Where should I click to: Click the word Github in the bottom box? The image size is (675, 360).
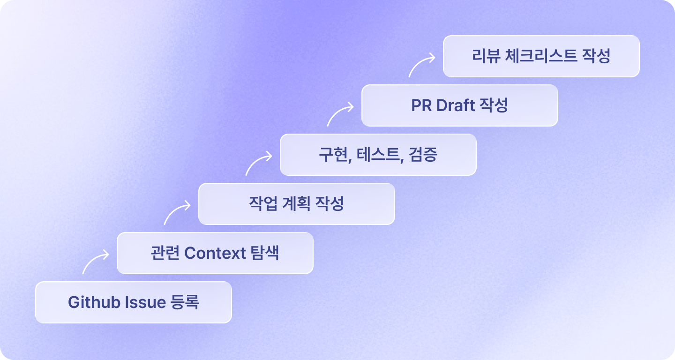point(94,302)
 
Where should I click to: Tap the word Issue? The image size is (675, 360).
point(145,302)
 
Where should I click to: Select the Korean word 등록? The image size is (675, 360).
point(185,302)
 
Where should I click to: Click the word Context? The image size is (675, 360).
point(215,253)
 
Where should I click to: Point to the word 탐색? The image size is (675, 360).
point(265,253)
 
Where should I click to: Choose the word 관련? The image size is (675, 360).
point(165,253)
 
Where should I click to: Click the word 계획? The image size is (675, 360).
point(296,203)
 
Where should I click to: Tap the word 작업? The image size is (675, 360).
point(263,203)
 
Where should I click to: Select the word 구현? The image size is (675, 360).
point(333,154)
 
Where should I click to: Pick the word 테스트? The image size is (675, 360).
point(378,154)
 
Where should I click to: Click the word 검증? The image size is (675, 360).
point(423,154)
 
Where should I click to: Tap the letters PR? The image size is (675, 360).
point(421,105)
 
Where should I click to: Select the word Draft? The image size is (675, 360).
point(456,105)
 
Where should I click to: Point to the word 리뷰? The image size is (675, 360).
point(486,56)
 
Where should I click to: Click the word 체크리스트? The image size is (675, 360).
point(541,56)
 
